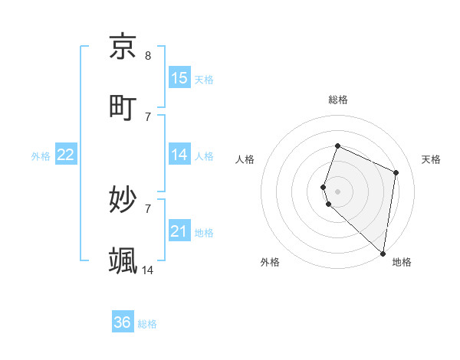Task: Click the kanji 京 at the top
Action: click(x=123, y=47)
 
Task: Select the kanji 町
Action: click(x=123, y=108)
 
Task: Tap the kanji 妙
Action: click(x=123, y=201)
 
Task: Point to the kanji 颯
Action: click(x=123, y=261)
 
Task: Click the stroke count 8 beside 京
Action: click(x=148, y=55)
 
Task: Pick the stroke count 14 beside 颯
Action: click(x=148, y=270)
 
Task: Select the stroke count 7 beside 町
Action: click(x=148, y=116)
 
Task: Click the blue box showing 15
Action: click(x=179, y=78)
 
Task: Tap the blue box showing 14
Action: click(x=179, y=155)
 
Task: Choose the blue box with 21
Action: click(x=179, y=231)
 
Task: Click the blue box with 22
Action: click(x=66, y=155)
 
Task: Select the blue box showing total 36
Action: click(x=123, y=322)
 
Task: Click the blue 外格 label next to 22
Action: click(x=41, y=156)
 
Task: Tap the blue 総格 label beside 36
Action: click(x=147, y=324)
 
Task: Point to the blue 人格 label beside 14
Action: click(x=204, y=156)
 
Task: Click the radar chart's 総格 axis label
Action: click(x=338, y=100)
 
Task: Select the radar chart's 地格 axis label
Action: click(x=402, y=262)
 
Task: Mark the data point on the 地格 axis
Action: click(x=383, y=253)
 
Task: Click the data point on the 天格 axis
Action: click(x=396, y=172)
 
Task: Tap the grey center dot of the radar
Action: click(x=338, y=191)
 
